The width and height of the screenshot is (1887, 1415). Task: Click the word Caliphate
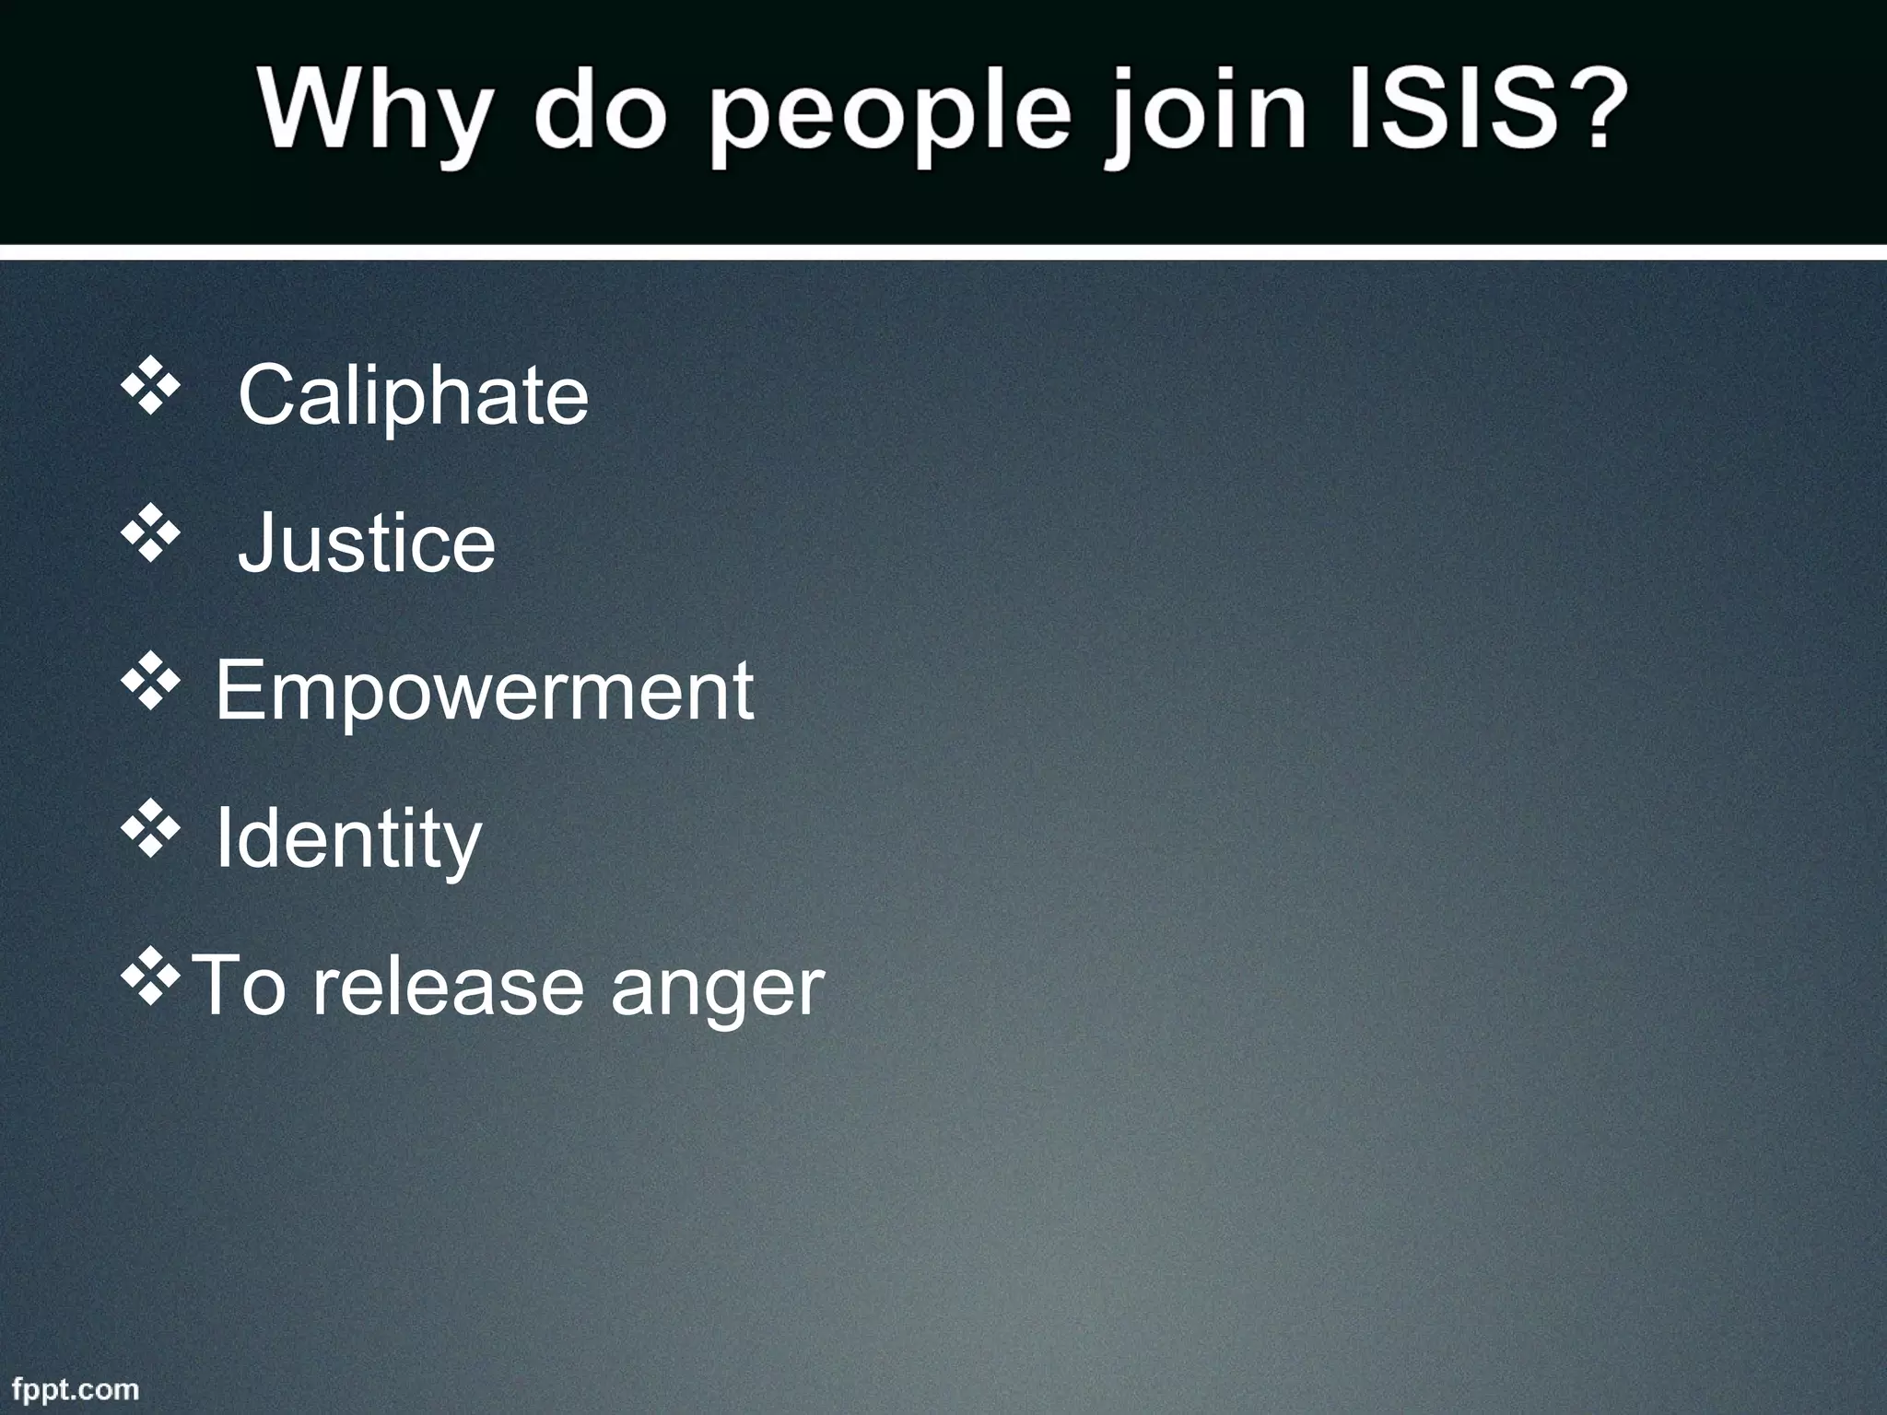413,396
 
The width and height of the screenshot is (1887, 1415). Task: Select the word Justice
367,544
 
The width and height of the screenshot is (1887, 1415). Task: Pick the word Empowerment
485,691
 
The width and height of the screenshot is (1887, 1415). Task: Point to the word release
448,986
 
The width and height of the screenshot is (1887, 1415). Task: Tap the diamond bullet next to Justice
149,536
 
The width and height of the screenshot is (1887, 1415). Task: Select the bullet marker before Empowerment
149,685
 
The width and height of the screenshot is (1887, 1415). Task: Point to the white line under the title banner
943,251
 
